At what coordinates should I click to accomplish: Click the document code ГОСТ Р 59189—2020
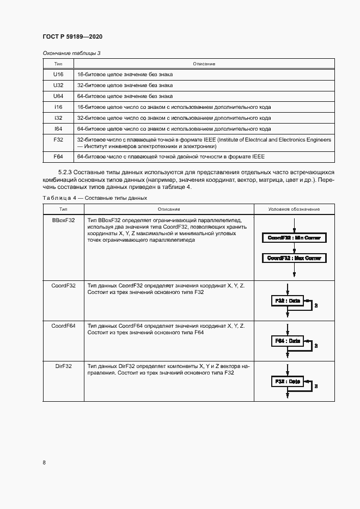point(72,36)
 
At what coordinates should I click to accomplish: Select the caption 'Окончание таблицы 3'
point(71,53)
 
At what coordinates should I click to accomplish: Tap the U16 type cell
point(58,75)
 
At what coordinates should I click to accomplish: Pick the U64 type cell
point(58,96)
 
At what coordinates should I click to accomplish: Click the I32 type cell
point(58,118)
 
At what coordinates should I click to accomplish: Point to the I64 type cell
point(58,129)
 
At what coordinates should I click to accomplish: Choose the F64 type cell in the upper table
point(58,157)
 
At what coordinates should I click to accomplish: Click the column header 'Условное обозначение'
point(294,209)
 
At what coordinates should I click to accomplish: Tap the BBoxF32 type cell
point(64,220)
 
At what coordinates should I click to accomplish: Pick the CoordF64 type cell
point(64,326)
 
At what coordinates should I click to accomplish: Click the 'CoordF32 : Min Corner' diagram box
point(294,238)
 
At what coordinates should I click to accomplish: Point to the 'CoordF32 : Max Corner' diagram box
point(294,258)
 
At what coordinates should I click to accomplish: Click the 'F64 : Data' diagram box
point(286,341)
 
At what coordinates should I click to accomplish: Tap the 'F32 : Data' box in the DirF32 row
point(286,382)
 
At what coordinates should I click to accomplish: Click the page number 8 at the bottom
point(44,463)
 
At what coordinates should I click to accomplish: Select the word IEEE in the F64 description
point(258,157)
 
